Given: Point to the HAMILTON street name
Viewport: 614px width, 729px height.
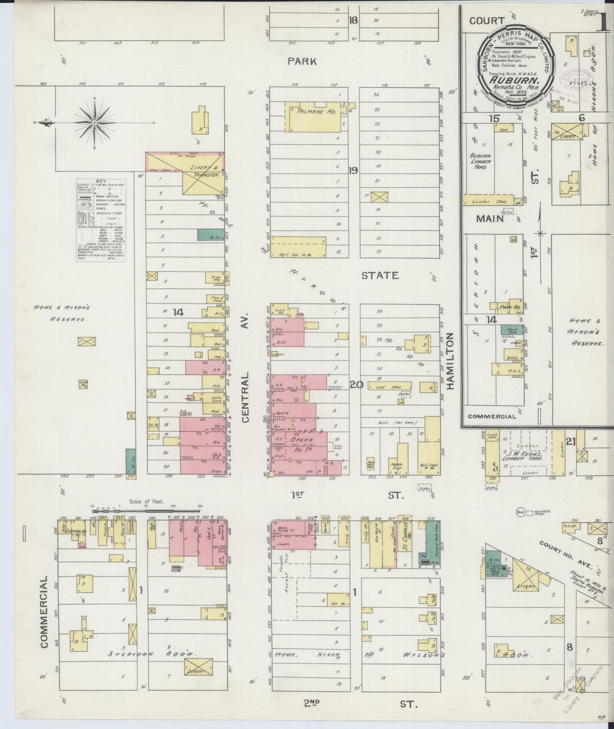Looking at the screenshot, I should [450, 361].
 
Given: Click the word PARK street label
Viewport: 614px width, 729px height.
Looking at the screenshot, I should [302, 61].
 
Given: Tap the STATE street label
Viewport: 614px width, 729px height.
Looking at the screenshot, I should [380, 276].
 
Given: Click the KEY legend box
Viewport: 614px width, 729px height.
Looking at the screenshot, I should [101, 220].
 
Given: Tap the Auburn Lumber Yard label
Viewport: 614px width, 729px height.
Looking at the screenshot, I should [480, 162].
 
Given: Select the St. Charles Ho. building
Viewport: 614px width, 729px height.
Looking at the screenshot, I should [407, 542].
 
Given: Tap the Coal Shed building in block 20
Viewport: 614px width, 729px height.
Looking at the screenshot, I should [389, 386].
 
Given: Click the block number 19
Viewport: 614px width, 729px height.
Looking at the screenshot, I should [353, 171].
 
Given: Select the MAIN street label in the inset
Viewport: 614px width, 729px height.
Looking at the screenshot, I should [490, 219].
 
